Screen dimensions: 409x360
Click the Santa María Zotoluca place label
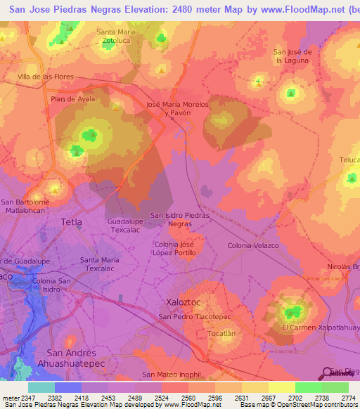pos(116,37)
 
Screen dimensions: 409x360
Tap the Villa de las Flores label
pos(46,76)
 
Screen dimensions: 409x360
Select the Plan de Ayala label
pos(72,99)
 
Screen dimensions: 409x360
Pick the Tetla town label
pos(72,222)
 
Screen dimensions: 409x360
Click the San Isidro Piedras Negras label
pos(180,219)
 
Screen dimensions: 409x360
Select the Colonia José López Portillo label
pos(179,247)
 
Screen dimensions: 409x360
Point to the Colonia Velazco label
pos(253,245)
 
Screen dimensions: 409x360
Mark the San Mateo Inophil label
pos(171,375)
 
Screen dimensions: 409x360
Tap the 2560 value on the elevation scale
pos(188,398)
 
